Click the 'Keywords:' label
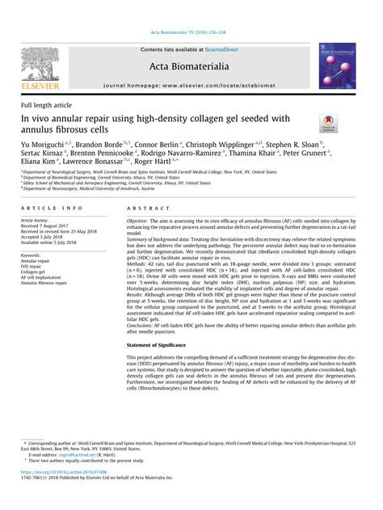click(34, 255)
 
